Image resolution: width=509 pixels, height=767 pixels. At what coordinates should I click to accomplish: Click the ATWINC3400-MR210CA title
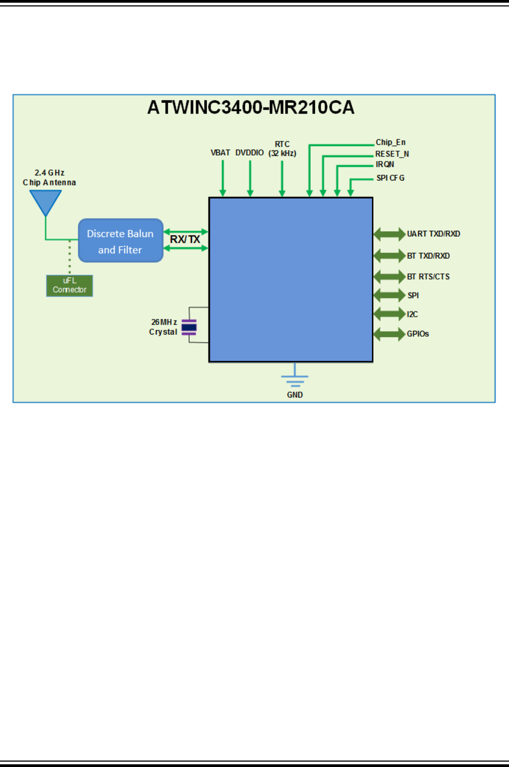pyautogui.click(x=250, y=108)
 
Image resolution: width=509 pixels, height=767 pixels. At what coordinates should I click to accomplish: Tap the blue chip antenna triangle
pyautogui.click(x=46, y=201)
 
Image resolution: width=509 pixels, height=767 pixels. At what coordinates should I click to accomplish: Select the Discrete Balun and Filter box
pyautogui.click(x=120, y=240)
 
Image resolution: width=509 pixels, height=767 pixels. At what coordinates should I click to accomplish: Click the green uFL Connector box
pyautogui.click(x=69, y=286)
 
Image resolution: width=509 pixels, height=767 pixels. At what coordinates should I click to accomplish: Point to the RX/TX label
pyautogui.click(x=185, y=239)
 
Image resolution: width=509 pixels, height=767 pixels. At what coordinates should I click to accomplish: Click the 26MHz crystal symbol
pyautogui.click(x=189, y=327)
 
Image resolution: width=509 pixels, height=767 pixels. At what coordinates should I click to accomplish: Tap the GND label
pyautogui.click(x=295, y=395)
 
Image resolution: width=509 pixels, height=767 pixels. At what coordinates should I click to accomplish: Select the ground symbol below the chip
pyautogui.click(x=295, y=376)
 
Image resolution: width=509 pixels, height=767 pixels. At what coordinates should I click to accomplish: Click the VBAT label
pyautogui.click(x=220, y=153)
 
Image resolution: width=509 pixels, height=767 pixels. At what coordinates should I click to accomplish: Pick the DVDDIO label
pyautogui.click(x=250, y=153)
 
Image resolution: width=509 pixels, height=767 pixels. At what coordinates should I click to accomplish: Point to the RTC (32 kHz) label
pyautogui.click(x=282, y=148)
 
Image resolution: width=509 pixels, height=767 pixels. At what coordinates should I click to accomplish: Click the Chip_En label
pyautogui.click(x=391, y=142)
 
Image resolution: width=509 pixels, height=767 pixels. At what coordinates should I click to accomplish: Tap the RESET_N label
pyautogui.click(x=392, y=154)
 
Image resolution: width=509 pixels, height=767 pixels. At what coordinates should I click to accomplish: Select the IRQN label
pyautogui.click(x=385, y=165)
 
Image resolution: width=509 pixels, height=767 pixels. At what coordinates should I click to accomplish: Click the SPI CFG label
pyautogui.click(x=390, y=178)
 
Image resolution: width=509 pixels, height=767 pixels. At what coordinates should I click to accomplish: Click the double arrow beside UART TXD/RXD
pyautogui.click(x=390, y=234)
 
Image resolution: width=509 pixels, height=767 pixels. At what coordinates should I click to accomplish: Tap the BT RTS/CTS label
pyautogui.click(x=428, y=276)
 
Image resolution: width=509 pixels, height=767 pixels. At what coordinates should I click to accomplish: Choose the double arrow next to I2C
pyautogui.click(x=390, y=314)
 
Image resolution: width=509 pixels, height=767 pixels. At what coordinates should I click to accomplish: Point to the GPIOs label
pyautogui.click(x=418, y=334)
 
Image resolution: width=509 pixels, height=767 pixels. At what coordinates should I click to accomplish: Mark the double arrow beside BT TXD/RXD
pyautogui.click(x=390, y=255)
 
